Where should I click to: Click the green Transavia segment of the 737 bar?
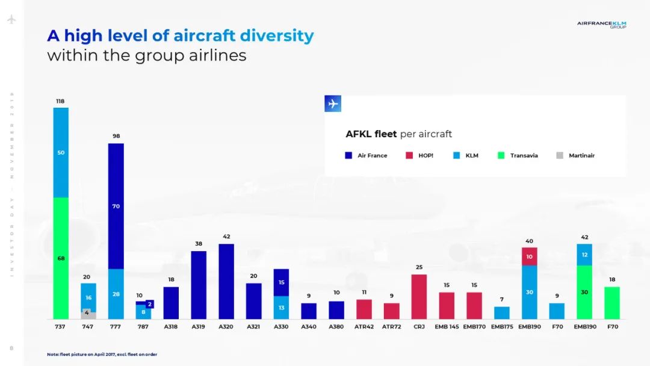pos(61,258)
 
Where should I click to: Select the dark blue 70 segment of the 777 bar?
pos(116,206)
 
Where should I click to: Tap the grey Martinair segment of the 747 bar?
pos(88,314)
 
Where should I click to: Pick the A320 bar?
pos(226,281)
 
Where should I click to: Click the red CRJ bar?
pos(419,297)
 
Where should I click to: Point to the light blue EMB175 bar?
pos(502,312)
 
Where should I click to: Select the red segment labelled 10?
pos(530,256)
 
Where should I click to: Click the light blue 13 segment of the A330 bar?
pos(281,308)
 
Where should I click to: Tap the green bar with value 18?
pos(612,303)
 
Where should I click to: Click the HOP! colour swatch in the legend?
pos(409,155)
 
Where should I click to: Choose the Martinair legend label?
pos(581,155)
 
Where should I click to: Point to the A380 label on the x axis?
pos(336,327)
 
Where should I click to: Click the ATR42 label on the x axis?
pos(364,327)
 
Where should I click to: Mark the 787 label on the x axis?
pos(143,327)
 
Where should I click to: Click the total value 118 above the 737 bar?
pos(61,101)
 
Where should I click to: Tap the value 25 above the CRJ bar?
pos(419,267)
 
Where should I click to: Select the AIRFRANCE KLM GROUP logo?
pos(601,25)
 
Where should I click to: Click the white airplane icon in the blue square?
pos(333,104)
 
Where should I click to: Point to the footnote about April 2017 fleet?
pos(102,354)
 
